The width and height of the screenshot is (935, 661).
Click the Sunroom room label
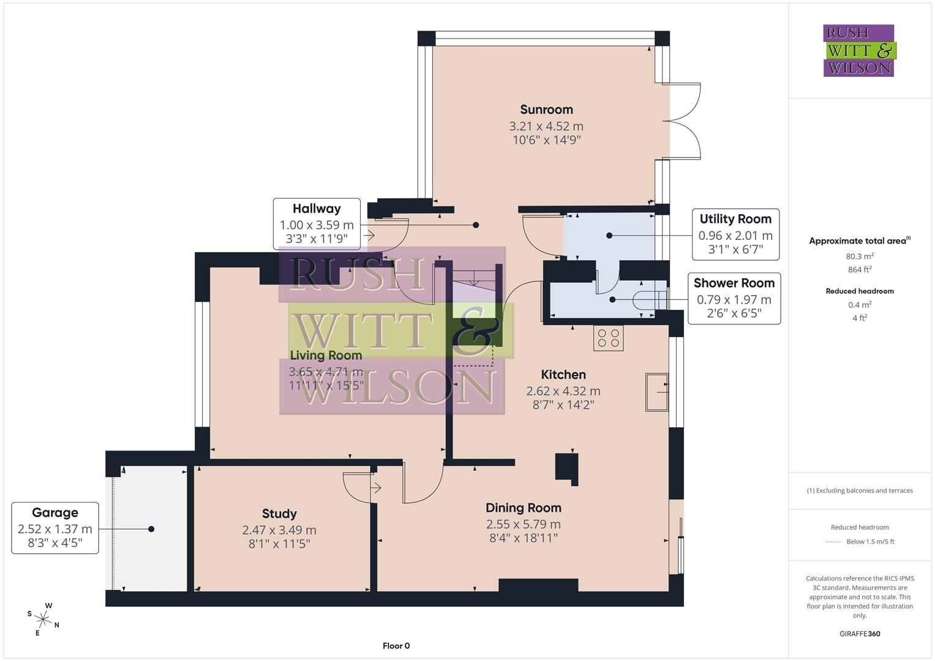546,110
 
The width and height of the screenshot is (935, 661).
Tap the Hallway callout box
317,223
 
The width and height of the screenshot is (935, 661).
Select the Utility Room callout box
735,234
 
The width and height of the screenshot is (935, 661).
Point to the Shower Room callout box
734,298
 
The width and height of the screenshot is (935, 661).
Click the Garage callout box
55,528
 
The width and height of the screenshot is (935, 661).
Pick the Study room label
279,513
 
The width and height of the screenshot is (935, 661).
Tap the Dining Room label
523,507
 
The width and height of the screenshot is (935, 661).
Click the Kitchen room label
563,375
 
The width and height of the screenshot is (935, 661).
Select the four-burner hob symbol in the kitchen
608,338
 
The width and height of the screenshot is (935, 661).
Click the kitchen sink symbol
657,392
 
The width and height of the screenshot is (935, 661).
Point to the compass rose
43,619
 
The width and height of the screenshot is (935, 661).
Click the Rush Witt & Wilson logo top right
858,50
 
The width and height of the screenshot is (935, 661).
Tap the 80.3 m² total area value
860,256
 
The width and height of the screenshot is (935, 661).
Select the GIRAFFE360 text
860,633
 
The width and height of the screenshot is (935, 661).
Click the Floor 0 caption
396,646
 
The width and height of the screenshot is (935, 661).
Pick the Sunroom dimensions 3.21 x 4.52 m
546,127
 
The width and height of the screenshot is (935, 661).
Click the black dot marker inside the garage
151,529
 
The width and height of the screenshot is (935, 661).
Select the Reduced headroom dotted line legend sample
833,542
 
